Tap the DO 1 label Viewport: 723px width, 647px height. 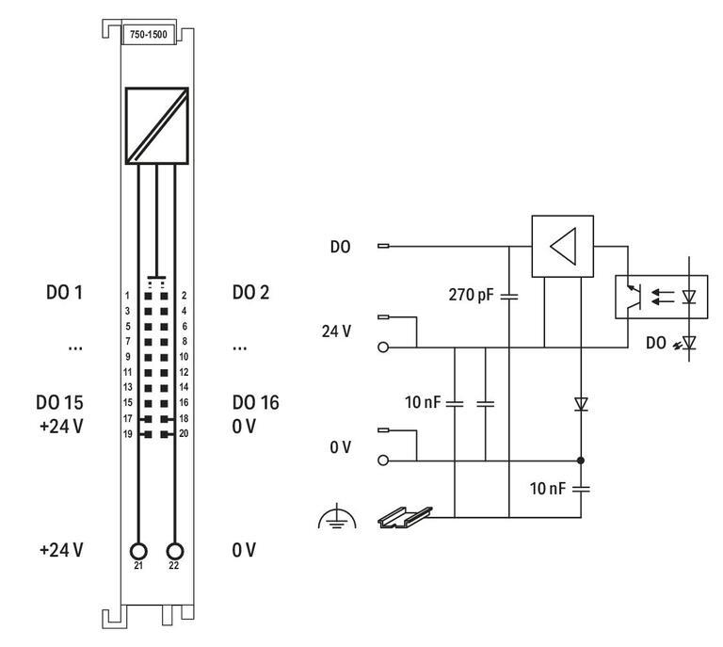(x=64, y=293)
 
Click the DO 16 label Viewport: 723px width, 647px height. (x=255, y=402)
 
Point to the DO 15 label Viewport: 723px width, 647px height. (x=64, y=402)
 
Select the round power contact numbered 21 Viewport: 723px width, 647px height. (x=139, y=551)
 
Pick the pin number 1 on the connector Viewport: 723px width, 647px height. (x=127, y=296)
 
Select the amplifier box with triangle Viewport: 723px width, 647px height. (x=562, y=247)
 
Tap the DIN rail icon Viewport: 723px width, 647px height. (x=403, y=515)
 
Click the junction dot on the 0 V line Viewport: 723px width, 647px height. (x=581, y=461)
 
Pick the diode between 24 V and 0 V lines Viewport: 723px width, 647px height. (x=581, y=404)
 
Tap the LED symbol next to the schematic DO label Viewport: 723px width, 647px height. (x=689, y=344)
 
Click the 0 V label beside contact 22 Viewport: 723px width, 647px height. (x=244, y=549)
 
